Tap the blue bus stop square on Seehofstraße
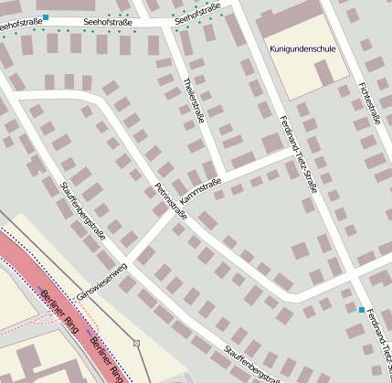(x=46, y=18)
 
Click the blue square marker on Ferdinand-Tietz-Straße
(x=362, y=310)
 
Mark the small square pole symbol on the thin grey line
(x=136, y=343)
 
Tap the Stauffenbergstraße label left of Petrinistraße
(x=82, y=209)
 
